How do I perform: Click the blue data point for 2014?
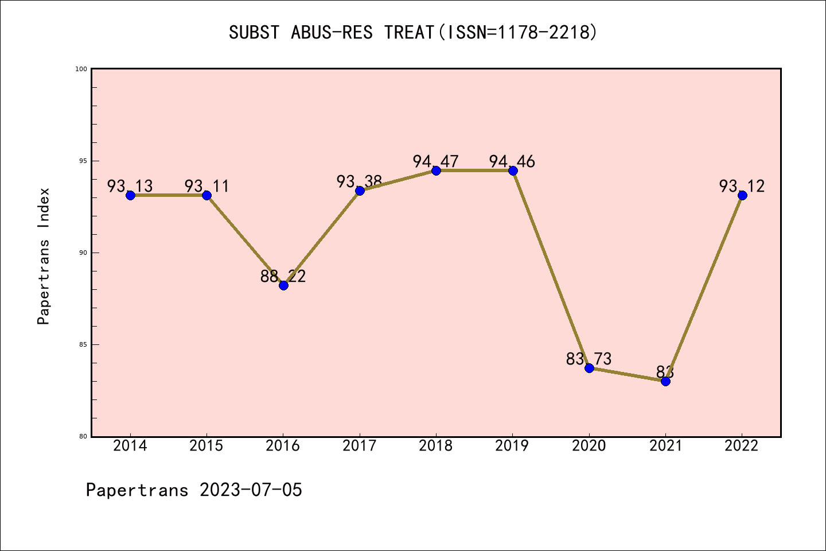coord(130,195)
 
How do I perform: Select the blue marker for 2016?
coord(283,285)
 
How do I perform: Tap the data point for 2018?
coord(436,170)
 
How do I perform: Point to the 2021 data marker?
coord(665,381)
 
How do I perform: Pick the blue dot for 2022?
coord(742,195)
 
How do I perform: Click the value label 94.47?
coord(435,161)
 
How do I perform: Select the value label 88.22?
coord(283,276)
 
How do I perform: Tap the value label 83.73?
coord(589,359)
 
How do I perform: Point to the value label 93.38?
coord(359,181)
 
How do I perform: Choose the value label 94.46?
coord(512,161)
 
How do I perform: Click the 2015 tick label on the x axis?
coord(206,446)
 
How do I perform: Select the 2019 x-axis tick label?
coord(512,446)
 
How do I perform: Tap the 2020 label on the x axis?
coord(589,446)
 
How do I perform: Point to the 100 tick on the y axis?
coord(81,69)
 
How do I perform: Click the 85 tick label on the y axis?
coord(82,344)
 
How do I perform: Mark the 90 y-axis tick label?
coord(82,253)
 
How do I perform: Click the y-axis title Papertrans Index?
coord(44,256)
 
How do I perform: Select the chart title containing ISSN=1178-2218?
coord(413,32)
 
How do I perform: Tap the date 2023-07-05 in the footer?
coord(251,490)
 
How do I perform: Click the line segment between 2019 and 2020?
coord(551,269)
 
